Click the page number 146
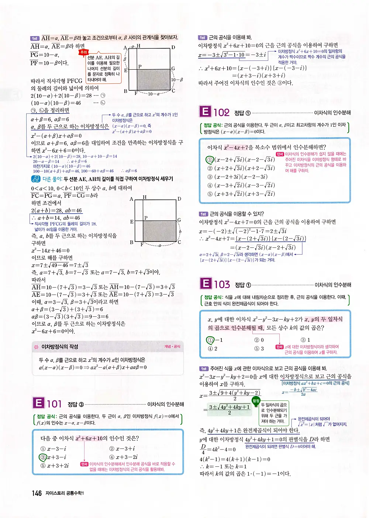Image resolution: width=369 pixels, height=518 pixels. click(x=37, y=493)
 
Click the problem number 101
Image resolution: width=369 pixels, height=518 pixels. click(x=54, y=404)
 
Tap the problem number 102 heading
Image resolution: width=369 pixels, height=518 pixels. click(x=221, y=112)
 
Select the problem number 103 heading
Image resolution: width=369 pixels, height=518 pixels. click(x=222, y=285)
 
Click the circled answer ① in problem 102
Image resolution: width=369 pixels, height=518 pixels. click(x=210, y=160)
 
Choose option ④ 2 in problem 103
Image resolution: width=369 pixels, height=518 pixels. click(x=213, y=349)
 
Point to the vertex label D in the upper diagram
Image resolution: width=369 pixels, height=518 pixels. click(x=173, y=48)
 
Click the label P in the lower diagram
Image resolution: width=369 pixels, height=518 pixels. click(x=146, y=218)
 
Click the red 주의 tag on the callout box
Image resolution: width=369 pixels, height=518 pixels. click(x=83, y=52)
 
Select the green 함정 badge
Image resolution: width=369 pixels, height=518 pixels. click(x=256, y=400)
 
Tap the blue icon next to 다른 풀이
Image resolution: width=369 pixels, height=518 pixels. click(x=35, y=179)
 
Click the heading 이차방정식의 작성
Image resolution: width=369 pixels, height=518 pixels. click(x=60, y=347)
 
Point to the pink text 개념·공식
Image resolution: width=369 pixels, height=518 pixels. click(x=172, y=347)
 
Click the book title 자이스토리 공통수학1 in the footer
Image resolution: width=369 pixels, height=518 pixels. click(x=65, y=493)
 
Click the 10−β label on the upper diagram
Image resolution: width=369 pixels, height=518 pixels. click(x=177, y=80)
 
